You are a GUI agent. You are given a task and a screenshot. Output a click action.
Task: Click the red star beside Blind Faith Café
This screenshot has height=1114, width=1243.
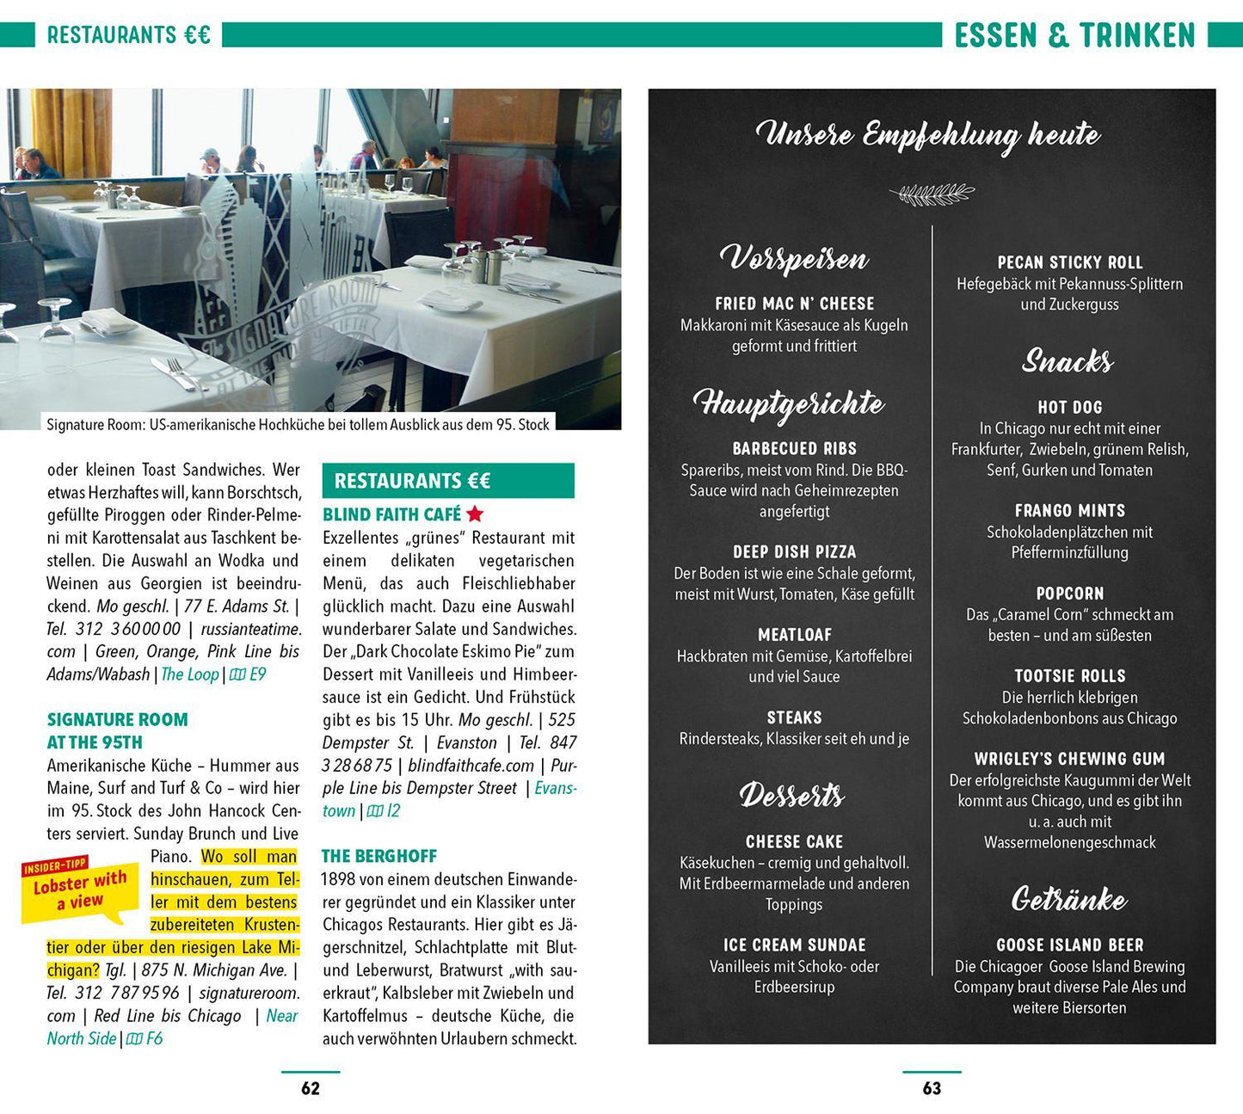(475, 514)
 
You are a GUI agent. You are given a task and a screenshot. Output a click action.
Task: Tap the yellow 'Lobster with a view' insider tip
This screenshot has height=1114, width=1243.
(79, 889)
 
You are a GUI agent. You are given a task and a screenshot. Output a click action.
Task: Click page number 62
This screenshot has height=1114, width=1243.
(311, 1088)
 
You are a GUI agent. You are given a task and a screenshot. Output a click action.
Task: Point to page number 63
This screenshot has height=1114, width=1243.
(932, 1088)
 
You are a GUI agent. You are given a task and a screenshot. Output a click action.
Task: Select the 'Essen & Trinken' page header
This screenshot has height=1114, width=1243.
(1074, 35)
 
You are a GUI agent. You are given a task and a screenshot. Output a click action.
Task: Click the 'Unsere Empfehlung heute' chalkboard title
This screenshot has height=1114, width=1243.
(928, 135)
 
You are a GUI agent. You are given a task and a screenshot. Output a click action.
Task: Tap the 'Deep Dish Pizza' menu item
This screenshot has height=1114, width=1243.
(794, 552)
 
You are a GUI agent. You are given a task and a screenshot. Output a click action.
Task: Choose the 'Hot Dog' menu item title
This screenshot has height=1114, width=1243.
(1069, 408)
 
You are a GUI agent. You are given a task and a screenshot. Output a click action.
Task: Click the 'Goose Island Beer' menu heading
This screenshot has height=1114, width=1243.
(1069, 945)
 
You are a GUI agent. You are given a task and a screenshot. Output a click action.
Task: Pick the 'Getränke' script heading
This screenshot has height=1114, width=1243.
(1069, 900)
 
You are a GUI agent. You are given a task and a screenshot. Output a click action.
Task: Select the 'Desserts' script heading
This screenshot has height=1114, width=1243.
(792, 796)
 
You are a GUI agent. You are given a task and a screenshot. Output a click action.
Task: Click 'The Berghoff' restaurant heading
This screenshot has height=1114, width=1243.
(379, 856)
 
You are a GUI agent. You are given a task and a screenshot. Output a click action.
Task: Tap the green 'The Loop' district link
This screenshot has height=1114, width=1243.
(190, 674)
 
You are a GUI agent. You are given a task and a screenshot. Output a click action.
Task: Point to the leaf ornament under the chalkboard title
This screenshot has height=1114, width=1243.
(932, 194)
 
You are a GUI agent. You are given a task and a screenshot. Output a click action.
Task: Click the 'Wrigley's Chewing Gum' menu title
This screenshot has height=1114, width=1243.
(1069, 759)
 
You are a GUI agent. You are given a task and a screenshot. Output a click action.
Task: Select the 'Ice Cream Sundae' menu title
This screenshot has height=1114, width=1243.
(794, 945)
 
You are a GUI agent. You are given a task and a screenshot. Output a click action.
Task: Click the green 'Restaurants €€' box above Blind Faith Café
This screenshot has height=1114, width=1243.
(448, 481)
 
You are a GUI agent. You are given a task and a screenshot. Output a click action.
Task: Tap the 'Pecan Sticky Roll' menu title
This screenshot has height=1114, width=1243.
(1069, 262)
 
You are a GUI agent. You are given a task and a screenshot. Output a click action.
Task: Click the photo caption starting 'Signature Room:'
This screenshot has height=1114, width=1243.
(298, 424)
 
